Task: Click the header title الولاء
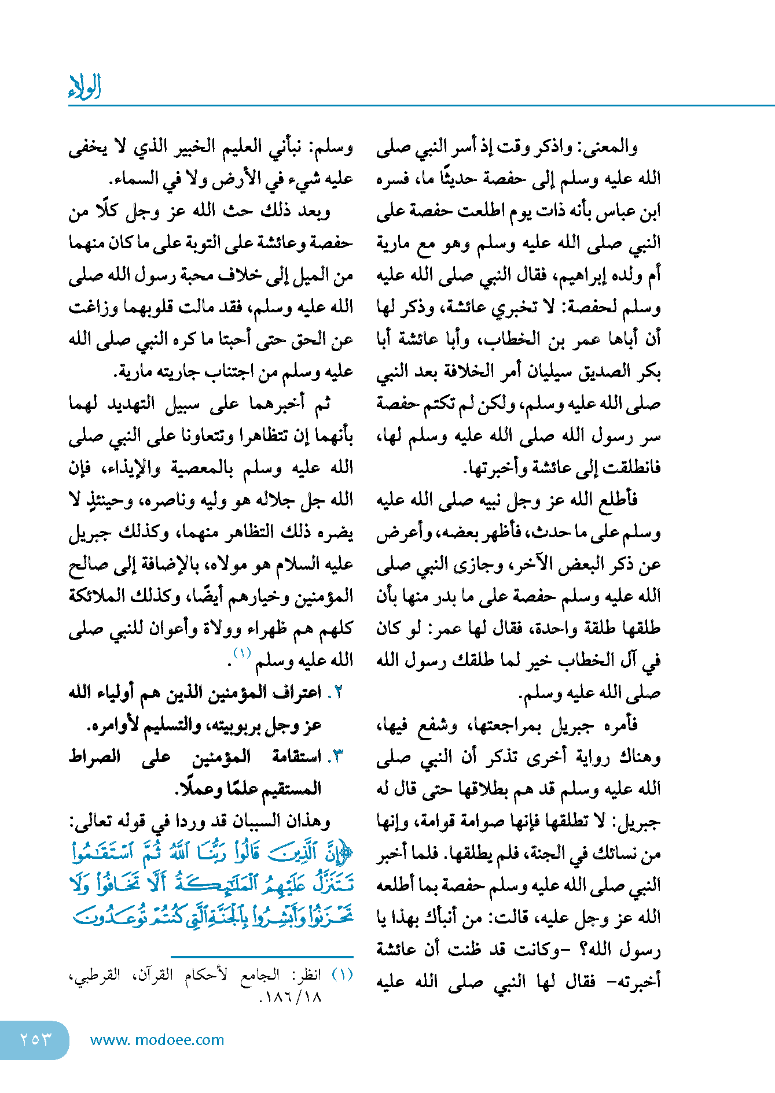point(85,87)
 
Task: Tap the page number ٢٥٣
point(35,1039)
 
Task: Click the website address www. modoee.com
point(157,1040)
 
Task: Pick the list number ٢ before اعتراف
point(337,693)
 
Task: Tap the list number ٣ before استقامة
point(337,756)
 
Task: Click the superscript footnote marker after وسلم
point(241,653)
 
